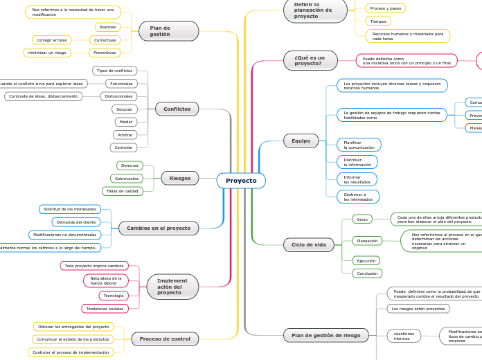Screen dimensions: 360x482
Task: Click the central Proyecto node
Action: pos(241,181)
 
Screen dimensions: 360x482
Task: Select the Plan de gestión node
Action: pos(168,31)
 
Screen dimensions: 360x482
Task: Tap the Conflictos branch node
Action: pos(177,109)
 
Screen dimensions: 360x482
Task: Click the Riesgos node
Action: pos(180,178)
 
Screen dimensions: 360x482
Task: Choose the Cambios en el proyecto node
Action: pos(159,228)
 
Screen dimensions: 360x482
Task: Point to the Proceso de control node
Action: pos(165,339)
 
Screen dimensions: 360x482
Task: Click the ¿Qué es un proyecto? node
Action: pos(310,60)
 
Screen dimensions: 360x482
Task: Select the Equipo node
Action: pos(301,141)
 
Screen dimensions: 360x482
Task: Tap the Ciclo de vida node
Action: pos(309,244)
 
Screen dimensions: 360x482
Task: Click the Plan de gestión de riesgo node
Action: pos(325,335)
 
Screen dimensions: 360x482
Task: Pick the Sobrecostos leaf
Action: pos(127,179)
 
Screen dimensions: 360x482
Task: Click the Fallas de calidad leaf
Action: pos(123,191)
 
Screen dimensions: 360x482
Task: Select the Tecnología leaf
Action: pos(114,296)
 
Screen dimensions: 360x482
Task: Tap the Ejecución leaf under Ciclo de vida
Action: pos(366,261)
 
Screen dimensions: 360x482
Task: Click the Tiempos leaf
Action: pos(378,21)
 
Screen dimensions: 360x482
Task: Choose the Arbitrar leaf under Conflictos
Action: pos(125,135)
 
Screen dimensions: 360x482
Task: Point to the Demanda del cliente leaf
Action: pos(76,222)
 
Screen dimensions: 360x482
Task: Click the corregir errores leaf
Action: pos(52,40)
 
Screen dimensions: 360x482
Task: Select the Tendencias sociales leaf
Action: pos(105,309)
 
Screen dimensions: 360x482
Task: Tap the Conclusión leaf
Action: pos(367,273)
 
